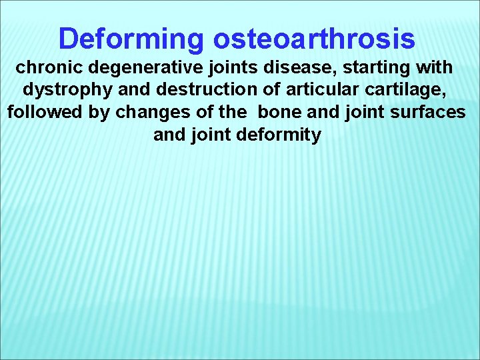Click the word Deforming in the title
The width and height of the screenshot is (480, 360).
131,39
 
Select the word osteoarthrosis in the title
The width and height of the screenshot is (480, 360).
314,39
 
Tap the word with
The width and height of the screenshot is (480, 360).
434,68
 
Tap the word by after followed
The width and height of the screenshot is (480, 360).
95,112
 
